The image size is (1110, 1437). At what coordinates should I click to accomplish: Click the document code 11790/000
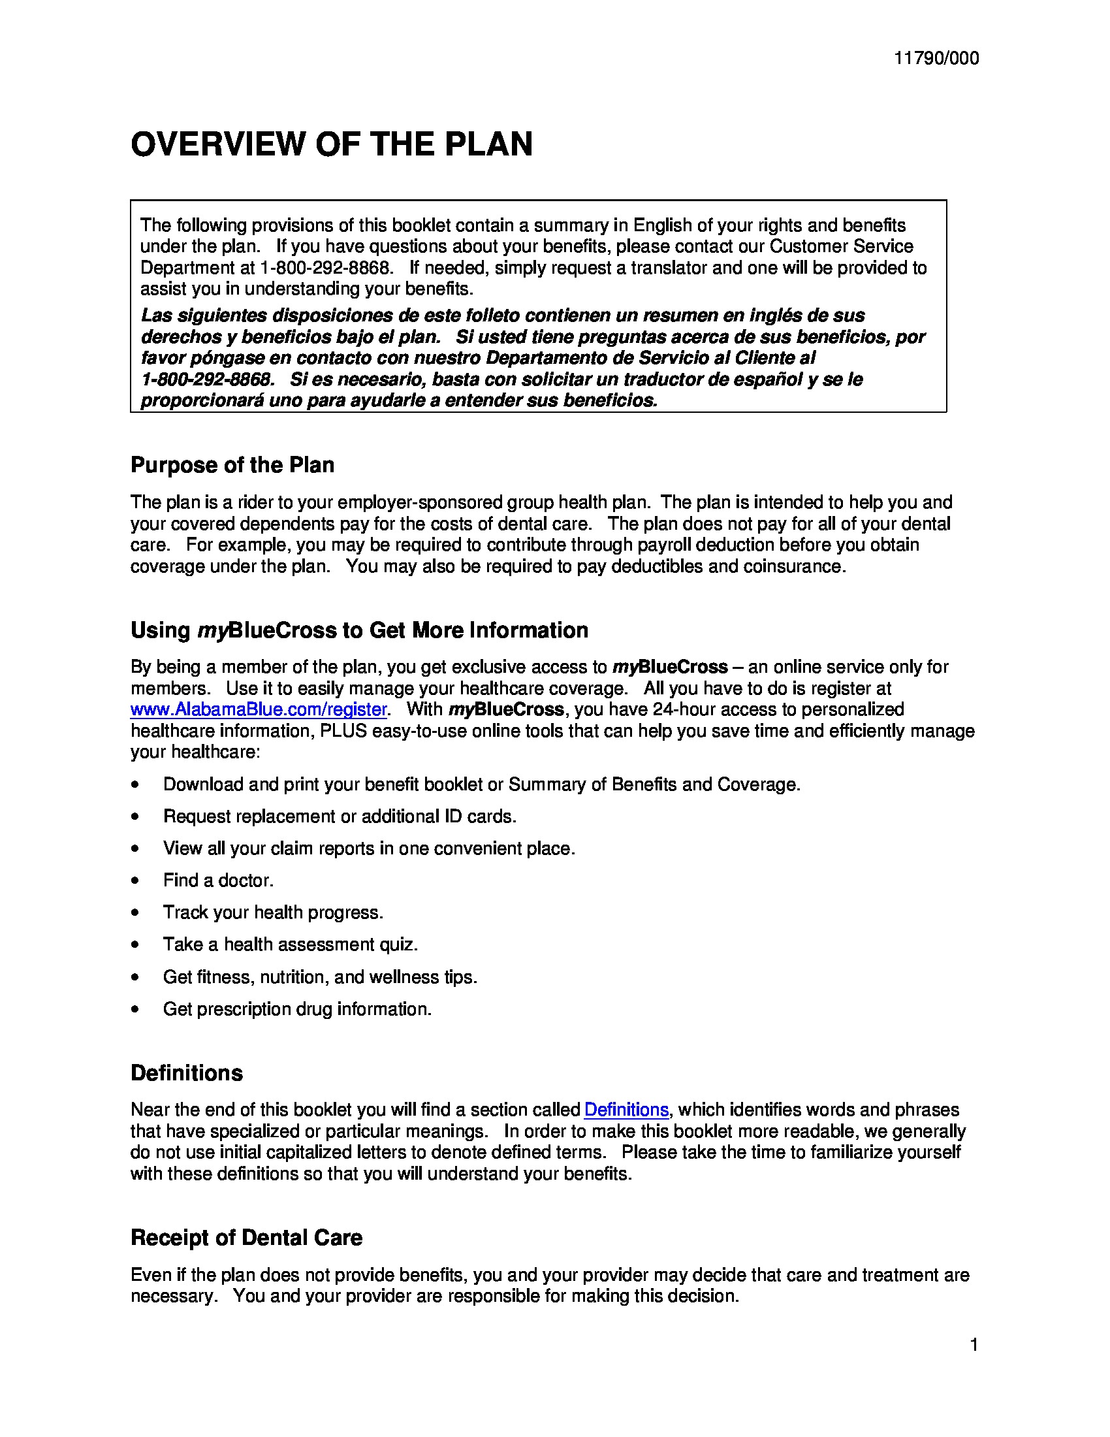click(936, 59)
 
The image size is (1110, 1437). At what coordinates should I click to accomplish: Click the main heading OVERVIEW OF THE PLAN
click(332, 144)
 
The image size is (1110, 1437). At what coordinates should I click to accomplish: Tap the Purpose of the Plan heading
click(232, 465)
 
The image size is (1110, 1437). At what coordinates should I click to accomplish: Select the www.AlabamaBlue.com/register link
click(259, 709)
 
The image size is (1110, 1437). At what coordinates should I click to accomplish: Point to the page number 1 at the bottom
click(974, 1345)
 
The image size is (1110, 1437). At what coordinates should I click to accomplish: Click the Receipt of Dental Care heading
click(246, 1238)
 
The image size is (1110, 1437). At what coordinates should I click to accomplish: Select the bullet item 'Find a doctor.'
click(217, 880)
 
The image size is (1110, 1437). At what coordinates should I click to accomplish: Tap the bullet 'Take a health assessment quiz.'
click(290, 945)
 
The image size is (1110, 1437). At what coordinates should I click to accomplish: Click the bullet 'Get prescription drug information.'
click(297, 1009)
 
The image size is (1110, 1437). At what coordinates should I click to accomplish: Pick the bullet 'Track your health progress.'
click(273, 912)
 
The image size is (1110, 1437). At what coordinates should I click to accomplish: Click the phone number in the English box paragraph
click(326, 268)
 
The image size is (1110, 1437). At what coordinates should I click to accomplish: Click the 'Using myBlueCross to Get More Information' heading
click(359, 630)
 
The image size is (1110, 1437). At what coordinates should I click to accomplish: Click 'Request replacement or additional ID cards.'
click(340, 816)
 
